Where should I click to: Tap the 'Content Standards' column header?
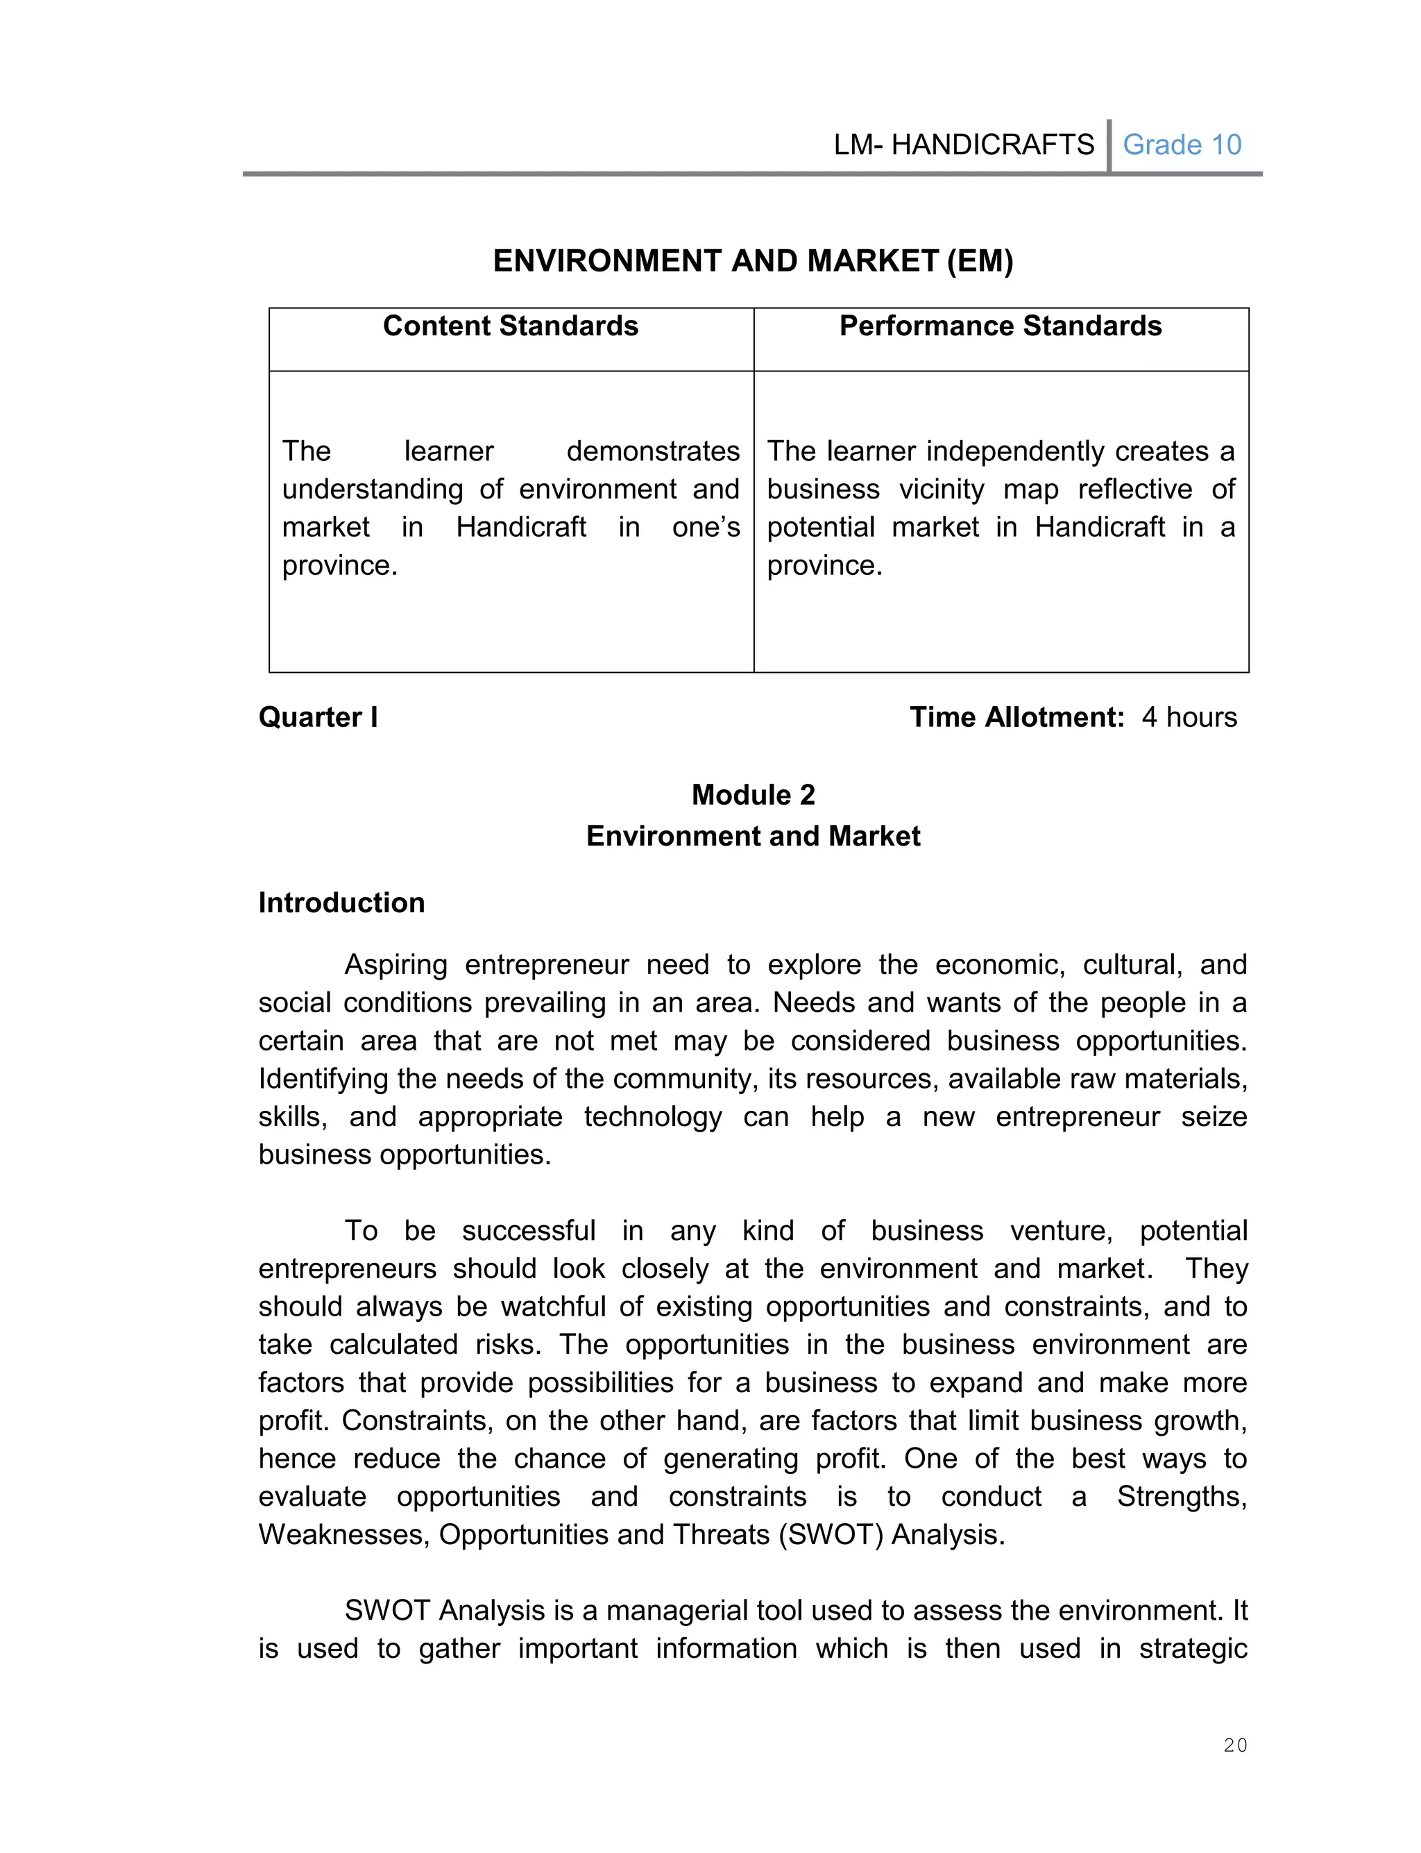coord(510,326)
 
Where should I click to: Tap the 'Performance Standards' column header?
coord(1000,326)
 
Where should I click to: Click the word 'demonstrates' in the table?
coord(653,451)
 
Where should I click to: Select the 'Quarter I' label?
coord(318,716)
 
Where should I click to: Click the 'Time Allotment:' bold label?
coord(1016,716)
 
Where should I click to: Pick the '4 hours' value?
coord(1189,716)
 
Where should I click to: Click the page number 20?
coord(1235,1745)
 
